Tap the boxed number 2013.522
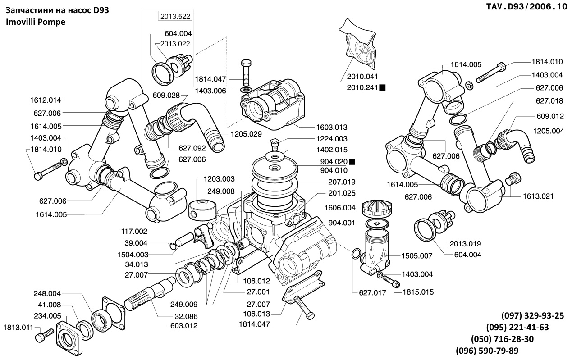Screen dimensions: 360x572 pyautogui.click(x=174, y=17)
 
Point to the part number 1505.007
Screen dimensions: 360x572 pyautogui.click(x=417, y=255)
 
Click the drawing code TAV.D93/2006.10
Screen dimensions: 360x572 pyautogui.click(x=527, y=7)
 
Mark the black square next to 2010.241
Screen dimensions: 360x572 pyautogui.click(x=382, y=87)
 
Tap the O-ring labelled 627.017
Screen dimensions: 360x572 pyautogui.click(x=356, y=255)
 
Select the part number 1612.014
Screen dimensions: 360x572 pyautogui.click(x=46, y=100)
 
